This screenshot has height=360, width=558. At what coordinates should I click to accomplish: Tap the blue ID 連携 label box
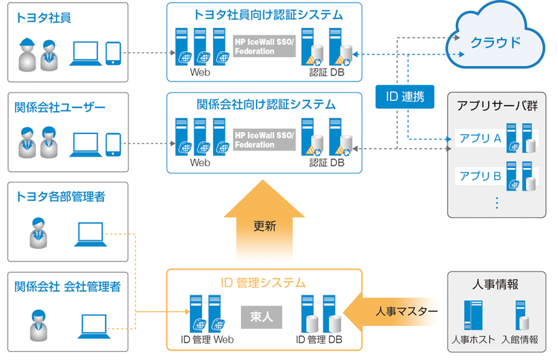point(404,98)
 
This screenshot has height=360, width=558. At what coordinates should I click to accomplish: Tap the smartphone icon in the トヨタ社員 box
point(113,52)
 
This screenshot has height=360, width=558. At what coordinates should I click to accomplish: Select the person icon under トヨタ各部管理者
point(38,233)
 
